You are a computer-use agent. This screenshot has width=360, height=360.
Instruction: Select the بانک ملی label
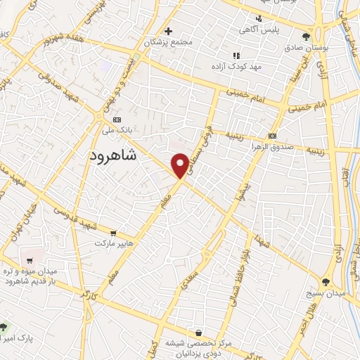pos(117,130)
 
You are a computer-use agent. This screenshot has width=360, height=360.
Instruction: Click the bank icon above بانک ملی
pos(117,120)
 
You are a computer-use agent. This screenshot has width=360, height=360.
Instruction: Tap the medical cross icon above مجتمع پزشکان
pos(168,31)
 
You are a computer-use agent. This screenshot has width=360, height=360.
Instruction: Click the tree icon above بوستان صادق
pos(304,37)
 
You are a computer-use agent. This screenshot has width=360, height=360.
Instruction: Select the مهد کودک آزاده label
pos(236,65)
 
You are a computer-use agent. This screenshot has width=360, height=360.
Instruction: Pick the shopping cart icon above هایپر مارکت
pos(114,233)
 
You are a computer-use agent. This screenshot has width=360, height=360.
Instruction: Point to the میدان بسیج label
pos(326,292)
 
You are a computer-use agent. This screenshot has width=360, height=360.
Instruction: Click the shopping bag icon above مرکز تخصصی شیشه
pos(200,333)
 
